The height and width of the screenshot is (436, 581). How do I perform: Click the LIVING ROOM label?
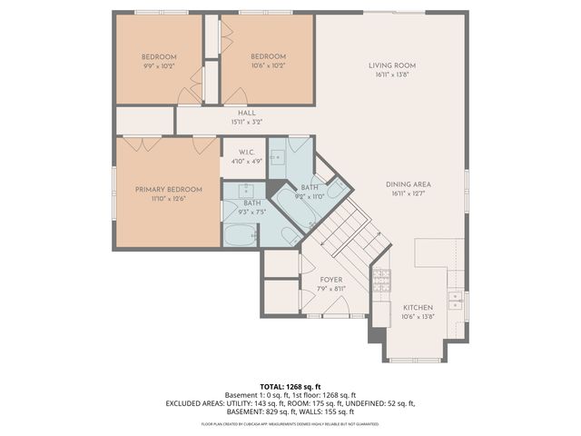tap(391, 65)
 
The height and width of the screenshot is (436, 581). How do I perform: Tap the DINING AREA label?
tap(408, 183)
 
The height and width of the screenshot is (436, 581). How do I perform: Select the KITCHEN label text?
tap(418, 308)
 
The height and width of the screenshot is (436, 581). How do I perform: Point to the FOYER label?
tap(330, 280)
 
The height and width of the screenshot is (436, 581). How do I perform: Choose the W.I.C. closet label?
tap(245, 152)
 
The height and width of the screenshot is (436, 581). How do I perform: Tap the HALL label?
tap(246, 113)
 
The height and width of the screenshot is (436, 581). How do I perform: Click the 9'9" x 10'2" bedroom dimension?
tap(158, 66)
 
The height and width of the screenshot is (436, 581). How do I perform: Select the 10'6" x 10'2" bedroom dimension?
tap(268, 65)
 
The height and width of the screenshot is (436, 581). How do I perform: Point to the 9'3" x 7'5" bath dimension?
tap(251, 212)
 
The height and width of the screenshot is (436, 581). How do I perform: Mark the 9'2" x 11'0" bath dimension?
tap(309, 195)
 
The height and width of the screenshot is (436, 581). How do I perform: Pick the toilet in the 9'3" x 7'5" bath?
tap(290, 238)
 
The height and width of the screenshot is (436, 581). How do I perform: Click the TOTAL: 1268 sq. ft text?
tap(290, 386)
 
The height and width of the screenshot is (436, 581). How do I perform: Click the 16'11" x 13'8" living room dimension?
tap(391, 74)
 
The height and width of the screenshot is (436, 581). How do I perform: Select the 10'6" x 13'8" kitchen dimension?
tap(418, 317)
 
